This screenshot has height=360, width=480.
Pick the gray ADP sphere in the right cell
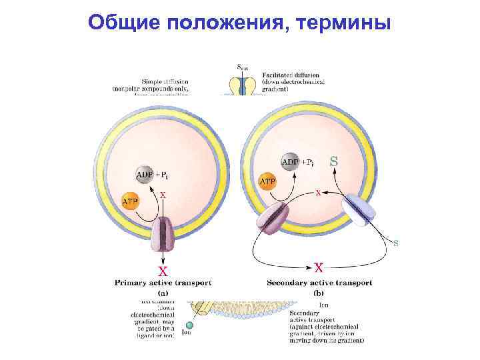(x=291, y=162)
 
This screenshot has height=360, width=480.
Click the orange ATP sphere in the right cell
(x=267, y=181)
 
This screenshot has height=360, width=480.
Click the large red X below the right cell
(x=319, y=267)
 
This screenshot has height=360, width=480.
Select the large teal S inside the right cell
(x=334, y=161)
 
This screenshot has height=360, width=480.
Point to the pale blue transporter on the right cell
(x=360, y=211)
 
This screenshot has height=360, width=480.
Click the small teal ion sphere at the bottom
(x=189, y=325)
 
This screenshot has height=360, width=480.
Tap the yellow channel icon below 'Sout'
(x=244, y=86)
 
